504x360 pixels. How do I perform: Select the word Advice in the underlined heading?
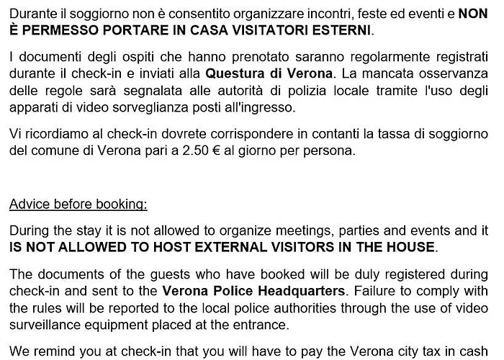pyautogui.click(x=28, y=204)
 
